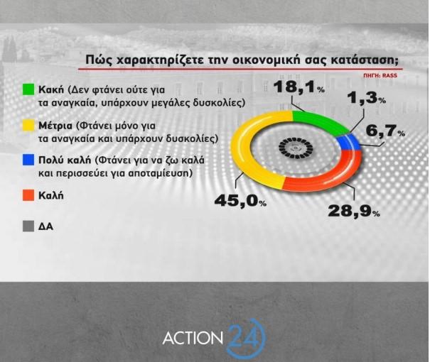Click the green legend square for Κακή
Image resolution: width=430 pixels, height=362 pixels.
28,89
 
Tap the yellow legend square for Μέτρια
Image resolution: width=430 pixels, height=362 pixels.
28,126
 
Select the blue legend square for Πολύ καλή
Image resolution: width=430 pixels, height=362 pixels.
28,160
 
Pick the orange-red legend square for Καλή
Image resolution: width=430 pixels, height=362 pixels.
28,195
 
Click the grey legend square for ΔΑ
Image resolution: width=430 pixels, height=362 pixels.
28,226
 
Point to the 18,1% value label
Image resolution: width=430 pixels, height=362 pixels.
299,87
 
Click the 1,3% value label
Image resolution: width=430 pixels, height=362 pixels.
367,98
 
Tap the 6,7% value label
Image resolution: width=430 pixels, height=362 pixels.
385,131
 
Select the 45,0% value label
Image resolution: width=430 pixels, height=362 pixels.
240,201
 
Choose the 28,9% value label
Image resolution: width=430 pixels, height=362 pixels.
354,211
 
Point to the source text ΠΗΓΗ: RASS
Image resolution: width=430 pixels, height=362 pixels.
380,75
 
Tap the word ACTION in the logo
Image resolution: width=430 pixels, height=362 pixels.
193,338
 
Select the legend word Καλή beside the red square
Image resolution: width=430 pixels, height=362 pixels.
51,195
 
